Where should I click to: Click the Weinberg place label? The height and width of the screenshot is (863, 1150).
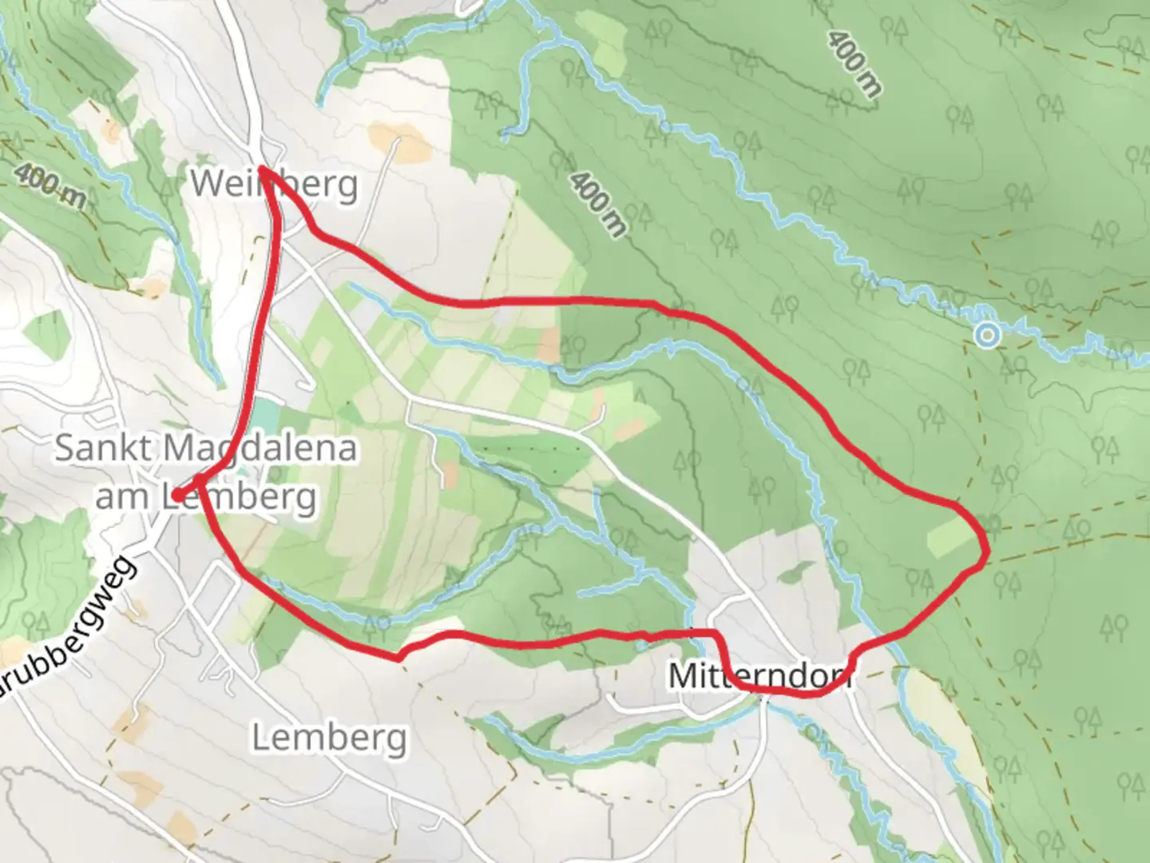pyautogui.click(x=274, y=185)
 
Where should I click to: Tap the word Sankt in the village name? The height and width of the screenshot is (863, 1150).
pyautogui.click(x=103, y=447)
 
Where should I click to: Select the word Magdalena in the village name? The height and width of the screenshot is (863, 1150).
pyautogui.click(x=260, y=447)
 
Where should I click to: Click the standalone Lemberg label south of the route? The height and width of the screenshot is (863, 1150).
pyautogui.click(x=329, y=738)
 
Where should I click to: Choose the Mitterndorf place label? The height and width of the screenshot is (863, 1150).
pyautogui.click(x=759, y=676)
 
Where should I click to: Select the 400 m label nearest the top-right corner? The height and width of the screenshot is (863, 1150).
pyautogui.click(x=854, y=64)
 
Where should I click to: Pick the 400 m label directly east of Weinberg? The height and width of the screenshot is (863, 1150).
pyautogui.click(x=597, y=203)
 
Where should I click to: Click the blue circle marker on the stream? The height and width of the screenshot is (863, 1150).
pyautogui.click(x=988, y=335)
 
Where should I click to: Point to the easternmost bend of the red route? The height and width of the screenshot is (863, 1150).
pyautogui.click(x=987, y=550)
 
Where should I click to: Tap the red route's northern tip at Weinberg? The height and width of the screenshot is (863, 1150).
pyautogui.click(x=262, y=169)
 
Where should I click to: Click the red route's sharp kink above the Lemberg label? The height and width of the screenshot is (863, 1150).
pyautogui.click(x=398, y=658)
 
